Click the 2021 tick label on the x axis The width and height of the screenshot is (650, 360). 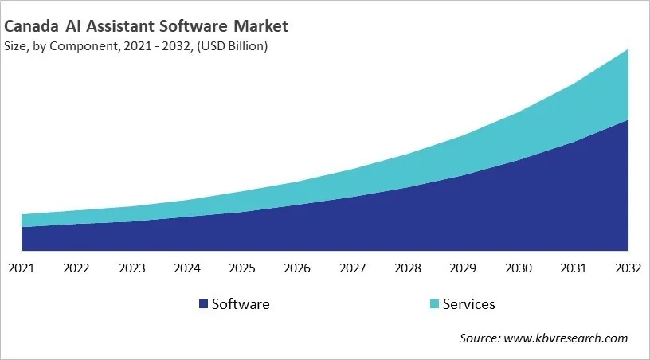pyautogui.click(x=22, y=268)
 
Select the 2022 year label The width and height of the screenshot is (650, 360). pyautogui.click(x=76, y=268)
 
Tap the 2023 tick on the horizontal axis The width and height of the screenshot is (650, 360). pyautogui.click(x=131, y=268)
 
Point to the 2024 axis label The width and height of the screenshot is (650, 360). pyautogui.click(x=187, y=268)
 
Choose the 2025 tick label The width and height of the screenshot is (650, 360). pyautogui.click(x=242, y=268)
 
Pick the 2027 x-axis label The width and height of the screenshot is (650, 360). pyautogui.click(x=353, y=268)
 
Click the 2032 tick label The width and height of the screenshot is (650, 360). pyautogui.click(x=628, y=268)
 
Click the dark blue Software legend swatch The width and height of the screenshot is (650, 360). pyautogui.click(x=203, y=304)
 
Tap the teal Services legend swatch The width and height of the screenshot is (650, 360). pyautogui.click(x=433, y=304)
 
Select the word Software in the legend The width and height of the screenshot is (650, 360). pyautogui.click(x=241, y=304)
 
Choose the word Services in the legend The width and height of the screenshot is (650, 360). pyautogui.click(x=469, y=304)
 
